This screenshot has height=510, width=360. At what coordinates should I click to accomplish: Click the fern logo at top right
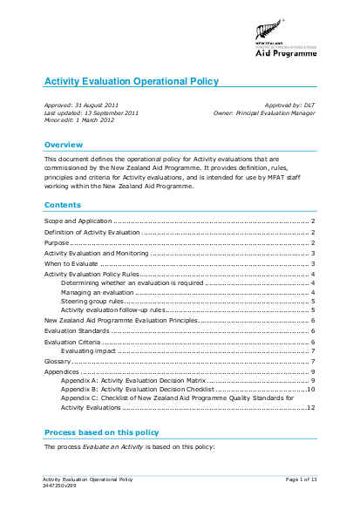(264, 34)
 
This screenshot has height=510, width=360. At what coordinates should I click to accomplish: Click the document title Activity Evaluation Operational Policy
(132, 82)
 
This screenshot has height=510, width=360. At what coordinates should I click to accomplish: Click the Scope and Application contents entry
(72, 223)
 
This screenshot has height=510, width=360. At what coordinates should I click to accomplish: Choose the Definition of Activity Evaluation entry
(92, 233)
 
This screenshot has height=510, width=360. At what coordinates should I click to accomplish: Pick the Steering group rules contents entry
(93, 301)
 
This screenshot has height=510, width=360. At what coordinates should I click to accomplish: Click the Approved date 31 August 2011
(85, 105)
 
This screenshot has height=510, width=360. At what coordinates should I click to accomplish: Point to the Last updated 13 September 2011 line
(91, 113)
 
